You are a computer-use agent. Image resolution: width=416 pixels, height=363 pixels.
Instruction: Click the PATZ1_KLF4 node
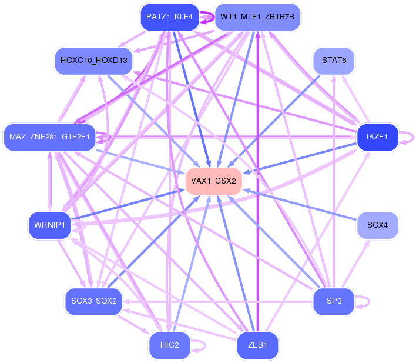tap(170, 17)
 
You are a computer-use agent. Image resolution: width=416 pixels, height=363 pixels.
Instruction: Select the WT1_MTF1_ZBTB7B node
tap(257, 17)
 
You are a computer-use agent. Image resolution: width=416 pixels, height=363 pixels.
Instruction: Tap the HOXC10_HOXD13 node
tap(93, 61)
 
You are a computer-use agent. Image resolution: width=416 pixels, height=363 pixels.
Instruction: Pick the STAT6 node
tap(334, 61)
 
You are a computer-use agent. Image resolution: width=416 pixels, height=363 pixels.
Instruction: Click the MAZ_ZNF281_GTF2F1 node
tap(49, 137)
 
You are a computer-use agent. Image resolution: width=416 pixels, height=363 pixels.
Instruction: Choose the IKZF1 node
tap(377, 137)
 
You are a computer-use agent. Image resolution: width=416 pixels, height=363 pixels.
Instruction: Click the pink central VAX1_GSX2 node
tap(213, 181)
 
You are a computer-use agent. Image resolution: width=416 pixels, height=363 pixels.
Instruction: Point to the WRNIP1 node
tap(49, 225)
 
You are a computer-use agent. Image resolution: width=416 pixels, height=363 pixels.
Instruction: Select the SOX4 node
tap(377, 225)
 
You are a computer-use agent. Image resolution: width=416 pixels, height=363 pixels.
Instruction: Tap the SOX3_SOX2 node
tap(93, 301)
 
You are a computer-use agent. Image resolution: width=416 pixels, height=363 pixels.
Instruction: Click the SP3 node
tap(334, 301)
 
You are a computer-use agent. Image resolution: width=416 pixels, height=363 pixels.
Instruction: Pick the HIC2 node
tap(170, 345)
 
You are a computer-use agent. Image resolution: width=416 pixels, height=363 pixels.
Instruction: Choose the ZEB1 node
tap(257, 345)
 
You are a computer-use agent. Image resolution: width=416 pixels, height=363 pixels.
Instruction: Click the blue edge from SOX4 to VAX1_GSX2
tap(300, 205)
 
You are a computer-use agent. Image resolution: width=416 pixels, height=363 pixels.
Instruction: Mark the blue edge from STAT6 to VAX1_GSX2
tap(274, 121)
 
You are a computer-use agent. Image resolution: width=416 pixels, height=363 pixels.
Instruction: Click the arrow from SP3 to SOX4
tap(355, 264)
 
